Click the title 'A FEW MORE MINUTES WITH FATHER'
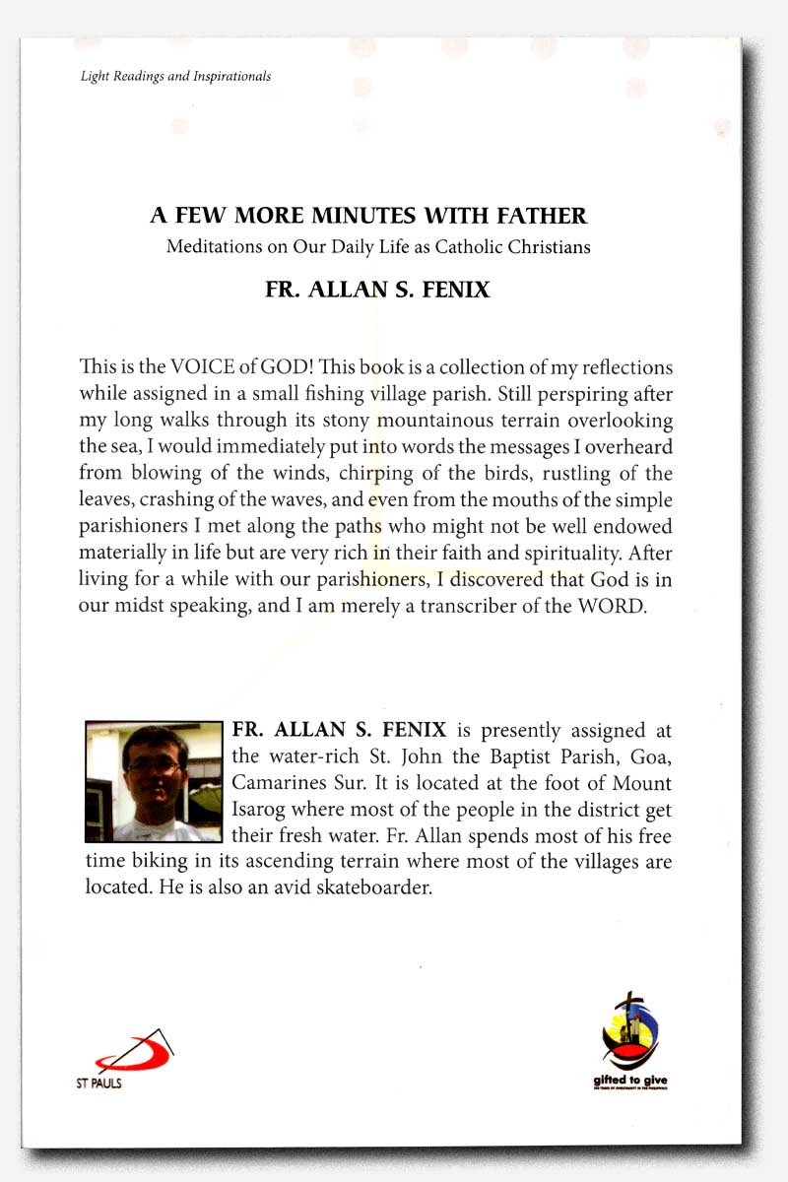coord(368,215)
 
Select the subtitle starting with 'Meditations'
coord(378,247)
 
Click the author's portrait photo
coord(154,781)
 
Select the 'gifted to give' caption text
coord(630,1081)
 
